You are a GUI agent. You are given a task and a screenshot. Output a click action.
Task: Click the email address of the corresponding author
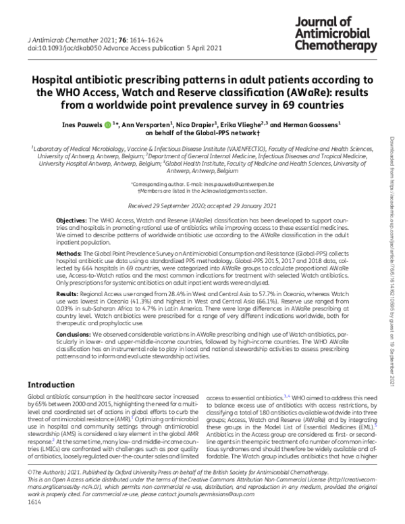pos(237,184)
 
